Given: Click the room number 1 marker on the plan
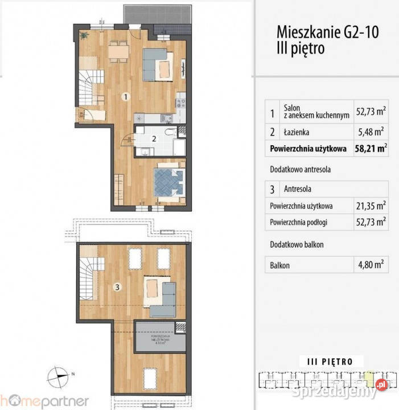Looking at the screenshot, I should [125, 97].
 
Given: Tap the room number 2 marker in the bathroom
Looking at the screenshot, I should [154, 138].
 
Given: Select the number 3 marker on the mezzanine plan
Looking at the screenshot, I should [117, 288].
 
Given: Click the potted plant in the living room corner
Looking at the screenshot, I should [84, 35].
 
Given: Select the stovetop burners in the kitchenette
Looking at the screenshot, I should [182, 104].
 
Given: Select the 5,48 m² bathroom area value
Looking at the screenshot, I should [372, 132].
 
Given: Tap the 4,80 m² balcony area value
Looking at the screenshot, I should [372, 264].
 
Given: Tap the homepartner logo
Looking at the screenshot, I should [44, 400].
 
